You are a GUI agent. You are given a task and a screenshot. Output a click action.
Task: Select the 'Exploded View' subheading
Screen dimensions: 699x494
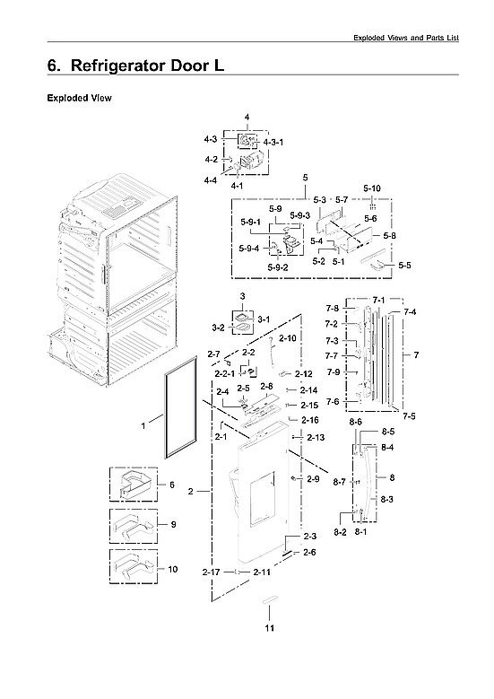coord(79,97)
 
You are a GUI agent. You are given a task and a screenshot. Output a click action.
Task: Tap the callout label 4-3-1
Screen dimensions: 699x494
coord(273,143)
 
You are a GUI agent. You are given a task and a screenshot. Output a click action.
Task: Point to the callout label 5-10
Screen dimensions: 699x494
coord(371,188)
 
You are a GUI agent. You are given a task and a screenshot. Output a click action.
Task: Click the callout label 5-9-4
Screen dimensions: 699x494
coord(249,249)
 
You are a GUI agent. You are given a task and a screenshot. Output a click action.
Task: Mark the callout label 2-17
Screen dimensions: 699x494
coord(212,572)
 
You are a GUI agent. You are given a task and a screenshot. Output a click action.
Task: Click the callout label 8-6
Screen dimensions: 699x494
coord(355,421)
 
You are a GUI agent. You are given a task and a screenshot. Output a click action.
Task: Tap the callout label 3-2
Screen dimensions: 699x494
coord(218,328)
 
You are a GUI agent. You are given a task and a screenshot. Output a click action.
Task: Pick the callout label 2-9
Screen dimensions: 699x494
coord(312,479)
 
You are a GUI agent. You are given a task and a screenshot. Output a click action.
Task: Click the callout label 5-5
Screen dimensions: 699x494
coord(404,266)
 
